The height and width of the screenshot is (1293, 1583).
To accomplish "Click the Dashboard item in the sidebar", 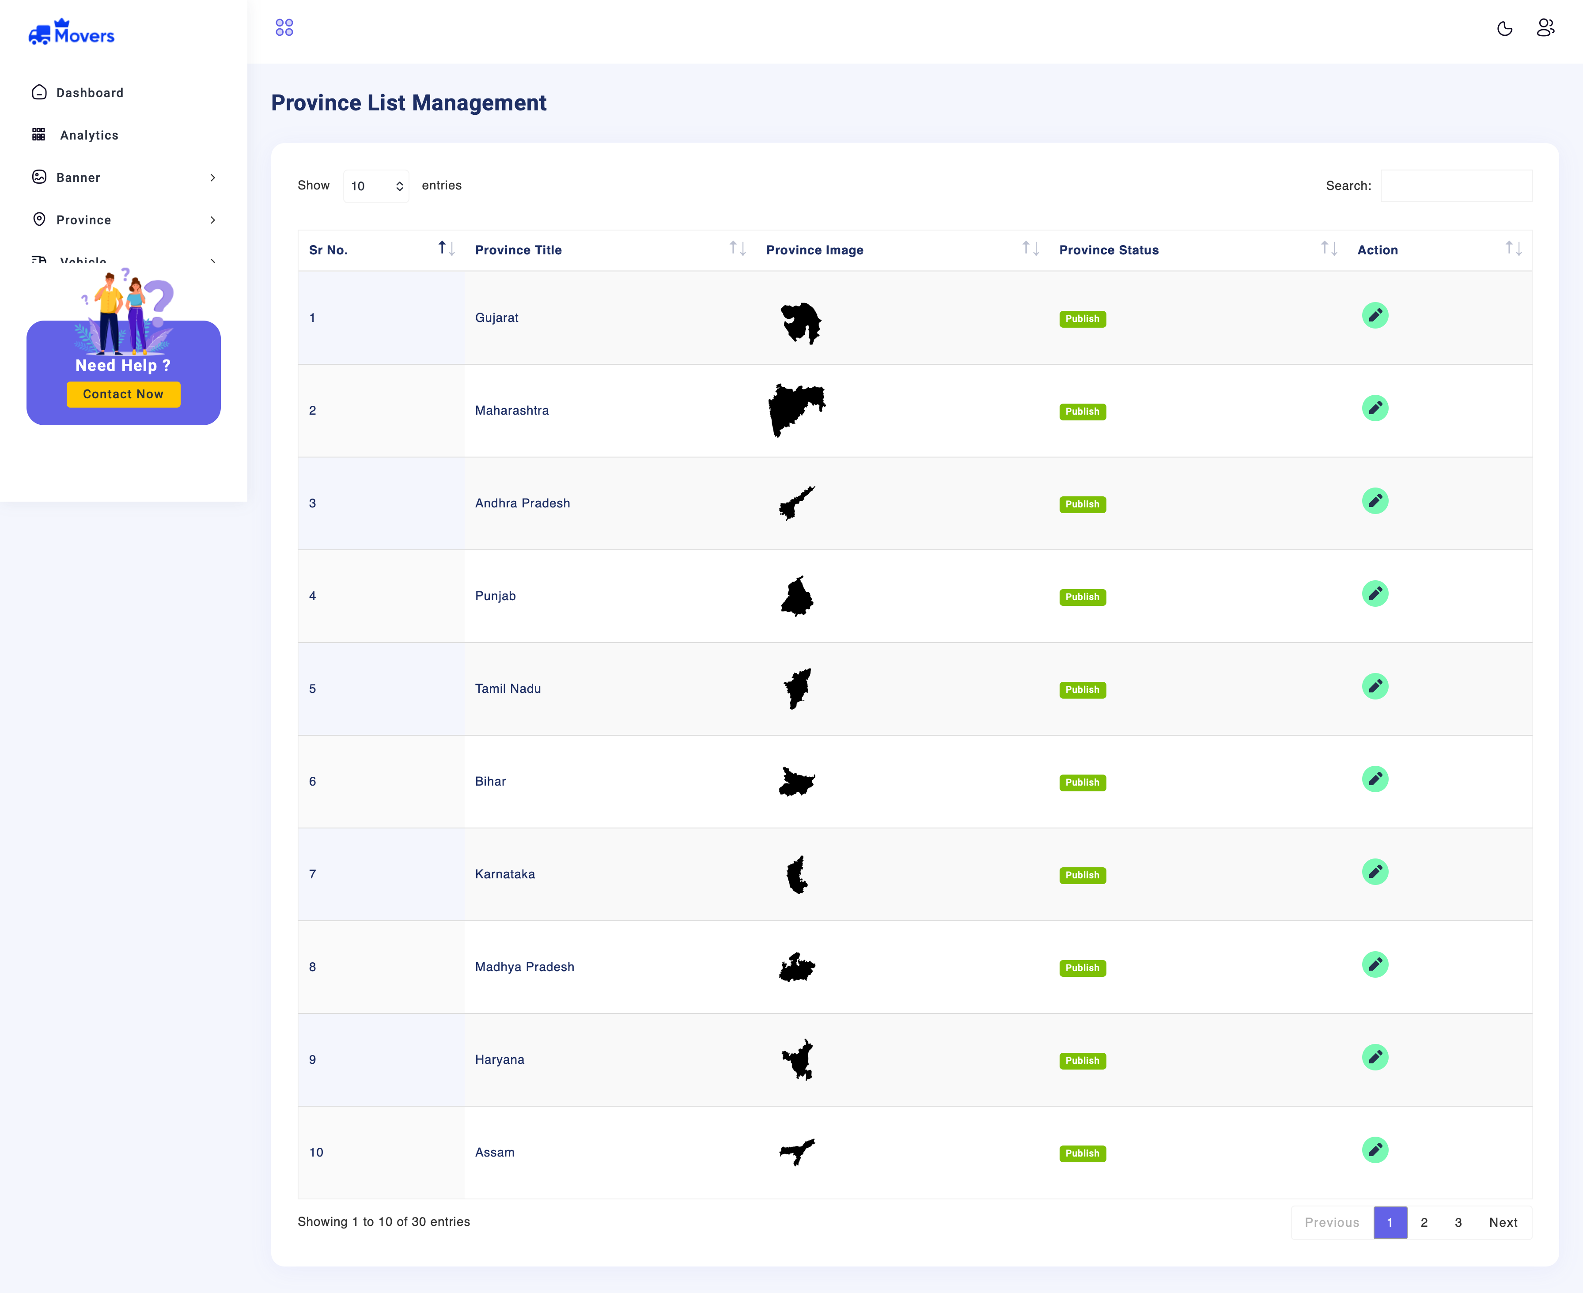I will [89, 92].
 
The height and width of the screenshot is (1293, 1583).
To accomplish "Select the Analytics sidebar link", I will [89, 135].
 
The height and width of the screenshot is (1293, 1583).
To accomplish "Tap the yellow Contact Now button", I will [123, 394].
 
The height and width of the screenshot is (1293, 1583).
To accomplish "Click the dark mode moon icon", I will [1504, 28].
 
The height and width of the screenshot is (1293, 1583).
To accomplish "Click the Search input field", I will [1456, 185].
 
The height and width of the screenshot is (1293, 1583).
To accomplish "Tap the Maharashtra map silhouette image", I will [796, 410].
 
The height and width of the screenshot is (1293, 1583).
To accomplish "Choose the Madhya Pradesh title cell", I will [524, 967].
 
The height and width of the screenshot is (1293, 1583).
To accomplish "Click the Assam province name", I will [495, 1152].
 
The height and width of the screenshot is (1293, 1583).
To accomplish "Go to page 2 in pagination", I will [1424, 1222].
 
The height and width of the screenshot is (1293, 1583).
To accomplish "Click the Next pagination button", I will [1503, 1222].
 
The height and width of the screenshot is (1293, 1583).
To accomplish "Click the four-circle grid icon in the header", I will [284, 27].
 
